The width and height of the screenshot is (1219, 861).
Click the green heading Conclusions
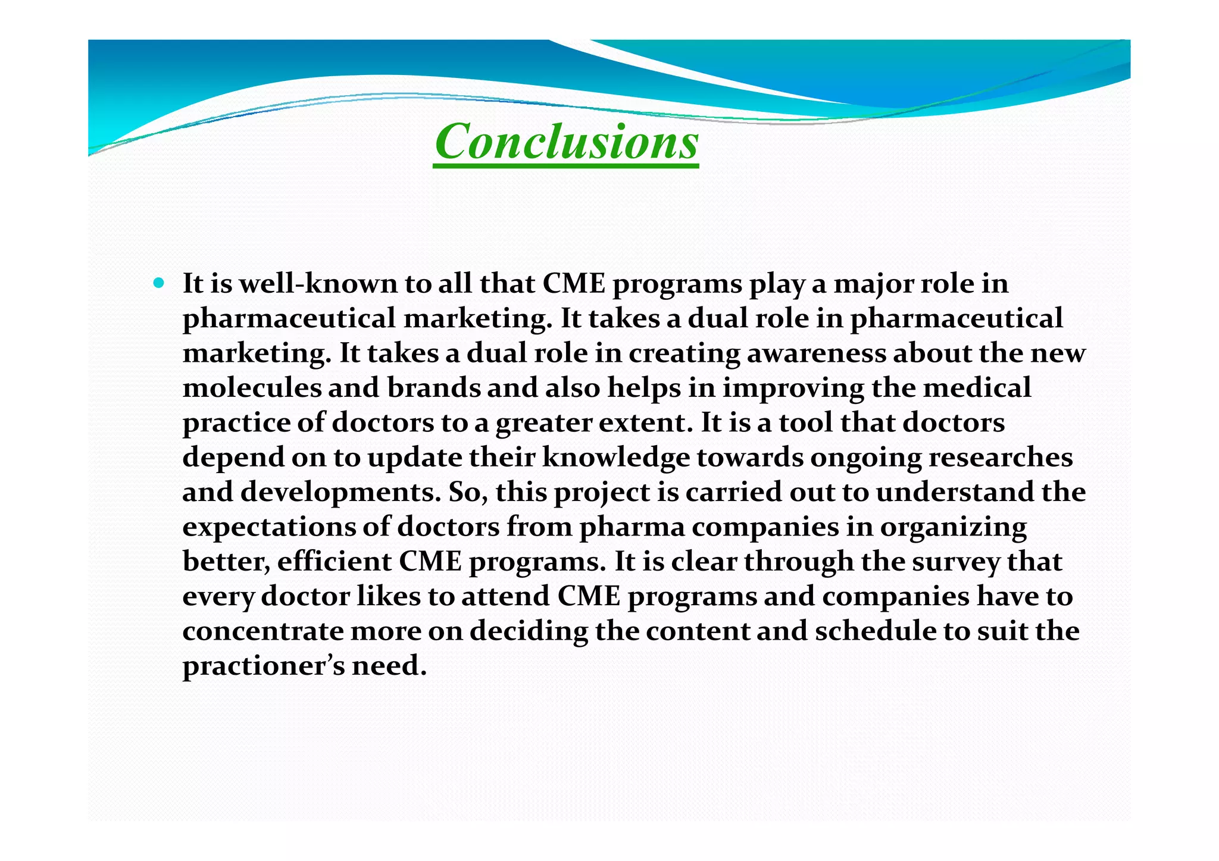pyautogui.click(x=566, y=142)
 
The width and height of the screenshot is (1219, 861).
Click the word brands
pyautogui.click(x=433, y=388)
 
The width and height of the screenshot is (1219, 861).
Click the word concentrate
pyautogui.click(x=262, y=631)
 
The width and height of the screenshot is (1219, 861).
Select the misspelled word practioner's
pyautogui.click(x=263, y=666)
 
